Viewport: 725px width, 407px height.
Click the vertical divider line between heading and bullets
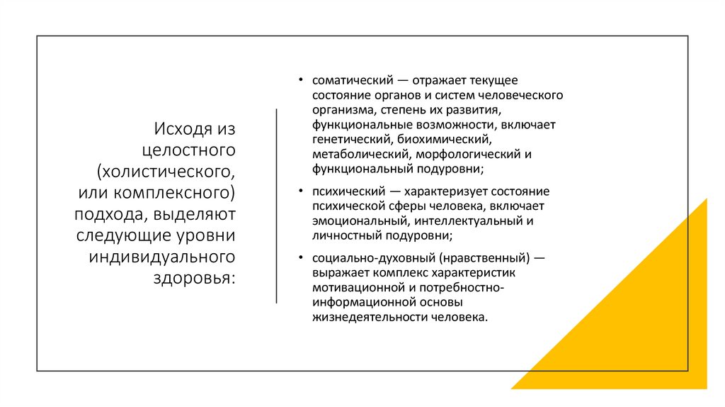tap(276, 206)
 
